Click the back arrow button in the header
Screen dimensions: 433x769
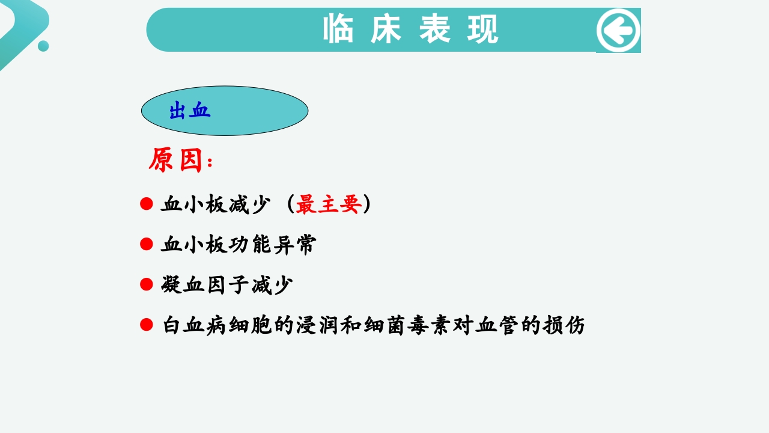point(618,30)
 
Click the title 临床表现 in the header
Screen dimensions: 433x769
point(411,29)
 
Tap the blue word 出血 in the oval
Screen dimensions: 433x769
point(190,111)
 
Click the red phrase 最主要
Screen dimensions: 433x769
point(329,204)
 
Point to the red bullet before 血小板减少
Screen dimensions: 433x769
point(147,204)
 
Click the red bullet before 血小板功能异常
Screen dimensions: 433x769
point(147,244)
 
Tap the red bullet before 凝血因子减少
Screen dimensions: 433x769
point(147,284)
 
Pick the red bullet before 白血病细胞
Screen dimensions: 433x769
point(147,325)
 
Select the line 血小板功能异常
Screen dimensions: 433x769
point(239,245)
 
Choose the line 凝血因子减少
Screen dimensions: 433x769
point(227,285)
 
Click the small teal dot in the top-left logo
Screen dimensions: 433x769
point(43,46)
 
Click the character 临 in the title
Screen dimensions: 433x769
point(338,29)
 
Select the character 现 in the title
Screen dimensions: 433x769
point(483,29)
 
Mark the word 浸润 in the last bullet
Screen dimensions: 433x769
point(317,325)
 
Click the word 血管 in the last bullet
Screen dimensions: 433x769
point(497,325)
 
